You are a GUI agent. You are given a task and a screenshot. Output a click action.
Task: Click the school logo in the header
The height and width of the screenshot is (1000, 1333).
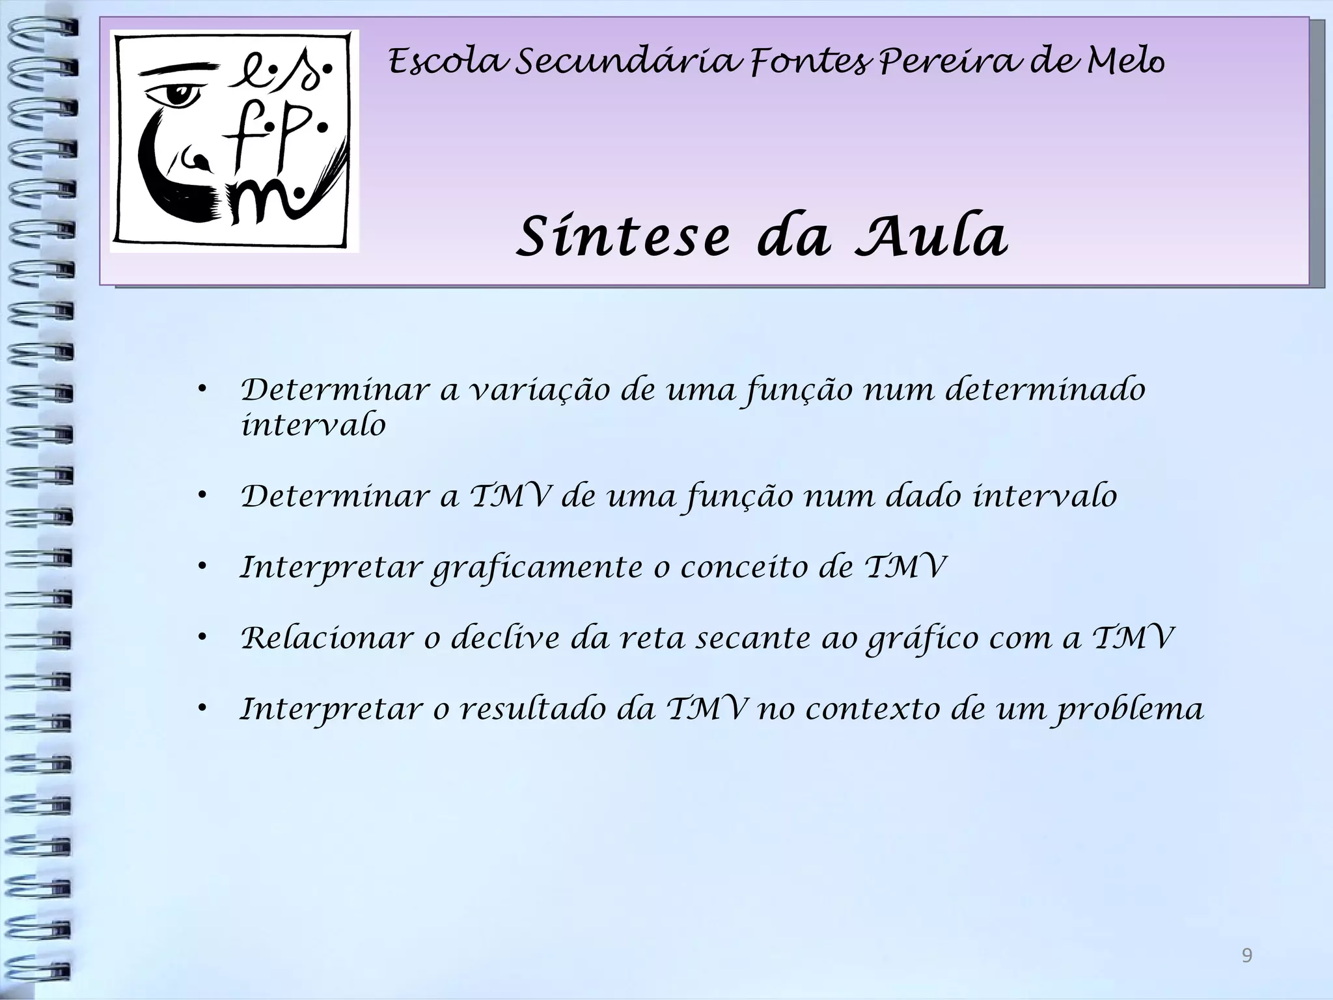tap(234, 141)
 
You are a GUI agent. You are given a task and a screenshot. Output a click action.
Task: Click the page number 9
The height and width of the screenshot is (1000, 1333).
tap(1246, 956)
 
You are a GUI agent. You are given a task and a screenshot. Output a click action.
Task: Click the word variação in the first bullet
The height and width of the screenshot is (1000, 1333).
tap(540, 391)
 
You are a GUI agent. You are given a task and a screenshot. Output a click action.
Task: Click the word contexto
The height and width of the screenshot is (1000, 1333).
tap(872, 709)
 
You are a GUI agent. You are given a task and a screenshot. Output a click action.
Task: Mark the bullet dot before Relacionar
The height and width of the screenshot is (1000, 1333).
tap(203, 638)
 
